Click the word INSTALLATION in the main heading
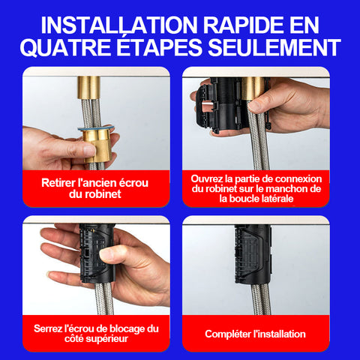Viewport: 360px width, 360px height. pyautogui.click(x=119, y=25)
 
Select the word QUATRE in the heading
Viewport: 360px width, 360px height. pyautogui.click(x=65, y=47)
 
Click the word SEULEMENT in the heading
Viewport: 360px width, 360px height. pyautogui.click(x=274, y=47)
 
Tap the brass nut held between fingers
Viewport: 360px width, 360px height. pyautogui.click(x=97, y=145)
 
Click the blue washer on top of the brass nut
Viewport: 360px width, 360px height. pyautogui.click(x=96, y=128)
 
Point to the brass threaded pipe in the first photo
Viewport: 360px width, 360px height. pyautogui.click(x=88, y=88)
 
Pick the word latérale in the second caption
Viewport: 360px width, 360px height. pyautogui.click(x=277, y=199)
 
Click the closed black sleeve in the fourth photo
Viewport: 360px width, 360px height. pyautogui.click(x=253, y=253)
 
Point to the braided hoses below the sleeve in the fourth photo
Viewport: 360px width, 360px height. pyautogui.click(x=261, y=298)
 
